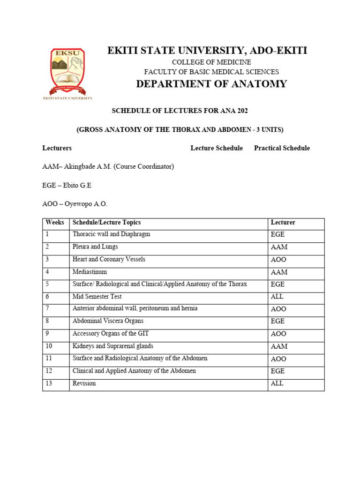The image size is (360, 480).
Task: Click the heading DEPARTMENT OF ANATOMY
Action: pyautogui.click(x=211, y=84)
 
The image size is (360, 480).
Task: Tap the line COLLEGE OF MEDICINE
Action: pyautogui.click(x=211, y=62)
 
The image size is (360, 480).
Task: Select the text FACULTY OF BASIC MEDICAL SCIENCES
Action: pyautogui.click(x=211, y=72)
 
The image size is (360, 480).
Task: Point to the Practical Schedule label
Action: pyautogui.click(x=282, y=148)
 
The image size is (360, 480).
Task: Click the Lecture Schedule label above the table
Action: pyautogui.click(x=217, y=148)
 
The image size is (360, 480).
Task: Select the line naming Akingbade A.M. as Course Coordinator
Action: pyautogui.click(x=108, y=167)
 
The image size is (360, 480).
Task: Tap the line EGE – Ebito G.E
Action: pyautogui.click(x=67, y=186)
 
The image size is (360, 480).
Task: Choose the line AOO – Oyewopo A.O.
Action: pyautogui.click(x=75, y=204)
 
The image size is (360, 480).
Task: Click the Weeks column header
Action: pyautogui.click(x=55, y=223)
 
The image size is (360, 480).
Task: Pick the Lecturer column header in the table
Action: pyautogui.click(x=283, y=223)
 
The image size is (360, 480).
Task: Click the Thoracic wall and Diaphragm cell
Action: pyautogui.click(x=112, y=234)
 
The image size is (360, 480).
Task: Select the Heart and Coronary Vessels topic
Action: pyautogui.click(x=109, y=259)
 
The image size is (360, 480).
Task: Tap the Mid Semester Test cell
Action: pyautogui.click(x=97, y=297)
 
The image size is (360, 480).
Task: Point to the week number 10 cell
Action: pyautogui.click(x=49, y=346)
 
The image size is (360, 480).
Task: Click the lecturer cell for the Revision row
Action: pyautogui.click(x=277, y=383)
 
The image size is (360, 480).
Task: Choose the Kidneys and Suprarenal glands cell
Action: pyautogui.click(x=113, y=346)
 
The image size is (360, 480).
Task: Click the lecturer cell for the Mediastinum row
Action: pyautogui.click(x=279, y=272)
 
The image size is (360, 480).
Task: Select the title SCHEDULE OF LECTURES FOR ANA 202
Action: pyautogui.click(x=180, y=111)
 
